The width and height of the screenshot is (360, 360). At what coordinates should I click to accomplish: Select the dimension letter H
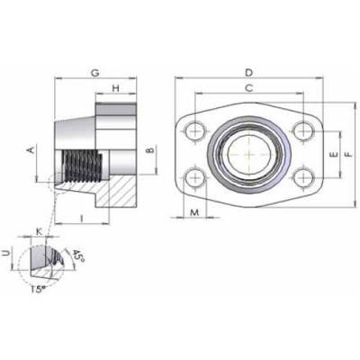pos(116,88)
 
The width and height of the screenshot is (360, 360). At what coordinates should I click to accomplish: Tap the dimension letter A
pos(32,149)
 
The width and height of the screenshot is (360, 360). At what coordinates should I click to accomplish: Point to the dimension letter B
pos(151,148)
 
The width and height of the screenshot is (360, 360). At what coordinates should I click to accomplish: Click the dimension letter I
pos(82,217)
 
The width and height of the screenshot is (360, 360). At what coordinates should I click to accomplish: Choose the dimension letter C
pos(247,87)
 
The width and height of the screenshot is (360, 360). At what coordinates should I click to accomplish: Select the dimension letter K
pos(39,232)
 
